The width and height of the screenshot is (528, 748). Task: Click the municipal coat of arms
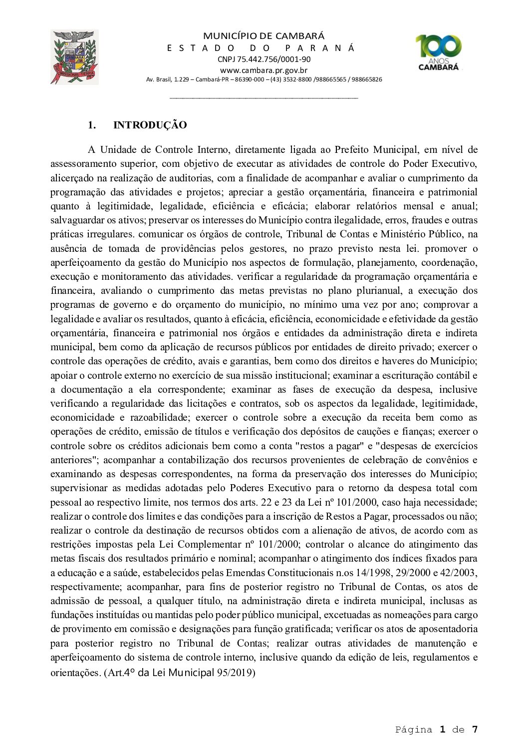(74, 57)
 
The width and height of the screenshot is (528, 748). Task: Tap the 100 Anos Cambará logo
(439, 52)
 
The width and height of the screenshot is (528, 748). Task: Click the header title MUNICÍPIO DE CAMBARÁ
(264, 36)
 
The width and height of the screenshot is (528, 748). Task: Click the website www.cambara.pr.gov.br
(264, 70)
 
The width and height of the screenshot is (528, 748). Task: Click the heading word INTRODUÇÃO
(150, 125)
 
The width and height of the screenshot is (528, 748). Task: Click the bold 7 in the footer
(475, 730)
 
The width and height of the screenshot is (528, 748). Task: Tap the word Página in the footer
(414, 730)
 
